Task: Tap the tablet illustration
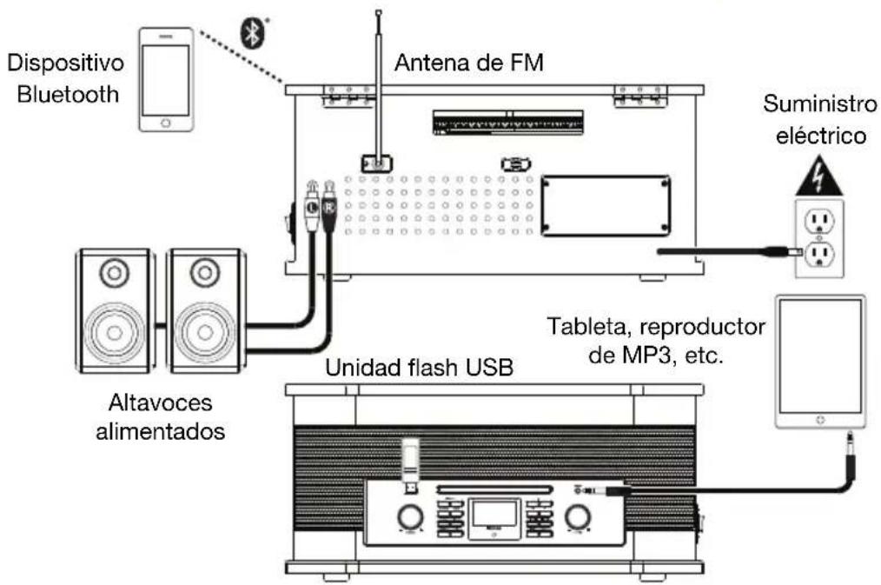pyautogui.click(x=820, y=361)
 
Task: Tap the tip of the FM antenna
pyautogui.click(x=378, y=13)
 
